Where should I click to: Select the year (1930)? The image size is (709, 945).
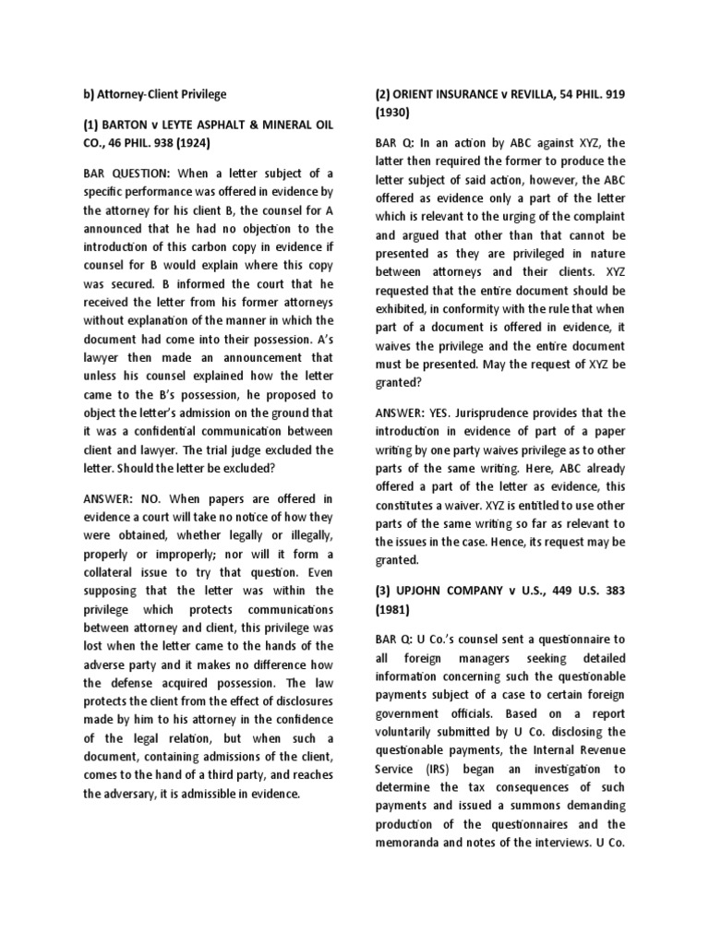tap(396, 112)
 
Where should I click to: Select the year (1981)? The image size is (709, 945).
tap(396, 608)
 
